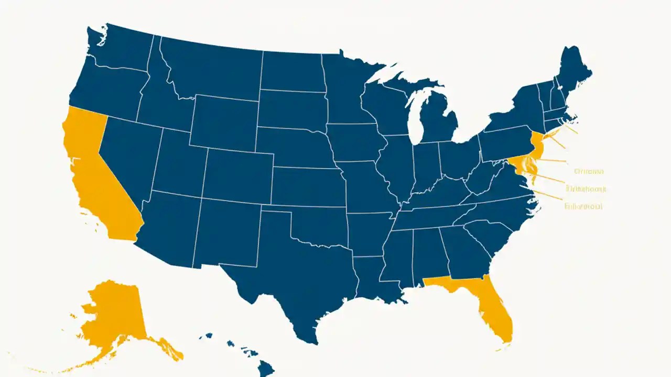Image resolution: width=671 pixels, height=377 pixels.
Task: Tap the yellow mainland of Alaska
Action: point(113,314)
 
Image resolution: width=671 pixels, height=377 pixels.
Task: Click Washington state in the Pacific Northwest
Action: point(118,50)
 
